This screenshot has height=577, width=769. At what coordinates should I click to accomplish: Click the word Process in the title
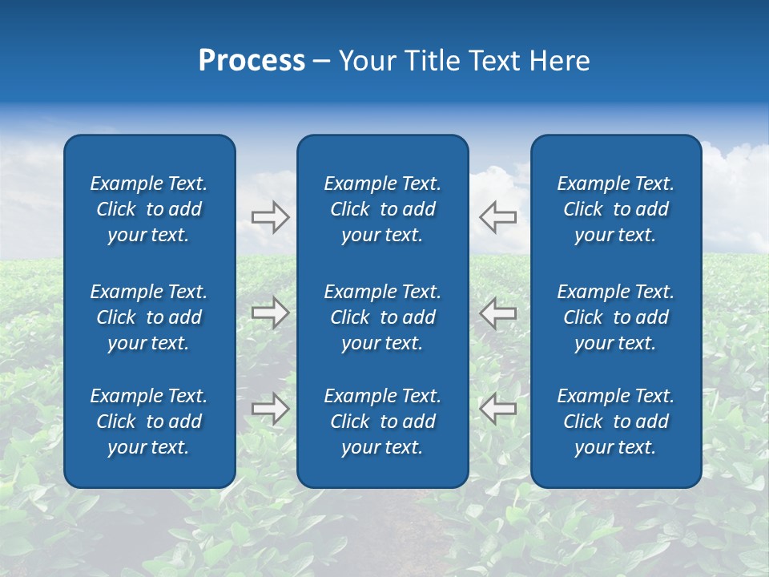pos(252,61)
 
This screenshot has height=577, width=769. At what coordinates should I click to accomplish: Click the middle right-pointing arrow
pos(270,313)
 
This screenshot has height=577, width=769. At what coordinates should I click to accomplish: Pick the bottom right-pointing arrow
pos(270,409)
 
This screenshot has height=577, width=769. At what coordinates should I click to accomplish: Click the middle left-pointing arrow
pos(498,313)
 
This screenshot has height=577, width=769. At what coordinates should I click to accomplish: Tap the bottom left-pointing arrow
pos(498,409)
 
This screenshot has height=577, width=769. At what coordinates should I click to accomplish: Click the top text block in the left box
pos(149,209)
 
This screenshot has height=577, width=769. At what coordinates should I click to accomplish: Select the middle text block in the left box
pos(149,317)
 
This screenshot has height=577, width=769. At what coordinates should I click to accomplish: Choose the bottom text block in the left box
pos(149,422)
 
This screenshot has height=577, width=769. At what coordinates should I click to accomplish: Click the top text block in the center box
pos(382,209)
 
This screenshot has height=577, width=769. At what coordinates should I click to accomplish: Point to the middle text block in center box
pos(382,317)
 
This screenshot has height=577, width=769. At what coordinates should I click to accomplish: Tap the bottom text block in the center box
pos(382,422)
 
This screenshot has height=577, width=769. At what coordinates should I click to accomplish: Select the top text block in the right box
pos(615,209)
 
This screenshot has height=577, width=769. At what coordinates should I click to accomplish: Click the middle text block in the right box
pos(615,317)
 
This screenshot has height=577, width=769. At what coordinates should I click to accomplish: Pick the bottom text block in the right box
pos(615,422)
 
